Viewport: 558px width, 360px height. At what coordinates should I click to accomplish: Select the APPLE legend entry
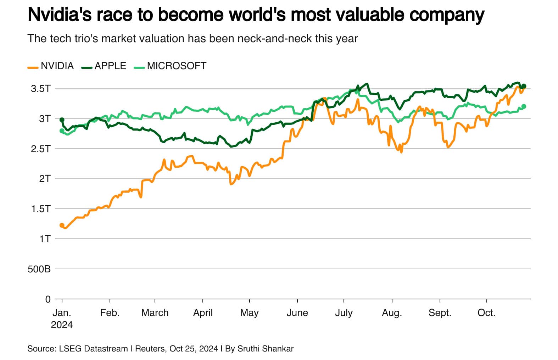tap(104, 66)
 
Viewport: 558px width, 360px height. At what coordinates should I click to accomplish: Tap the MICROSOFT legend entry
tap(170, 66)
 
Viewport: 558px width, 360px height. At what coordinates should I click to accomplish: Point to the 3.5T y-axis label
tap(41, 89)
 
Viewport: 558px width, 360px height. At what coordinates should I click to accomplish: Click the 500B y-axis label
tap(39, 269)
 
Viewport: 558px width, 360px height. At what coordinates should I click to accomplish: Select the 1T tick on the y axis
tap(45, 239)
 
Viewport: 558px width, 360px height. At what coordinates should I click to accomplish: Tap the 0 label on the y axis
tap(48, 299)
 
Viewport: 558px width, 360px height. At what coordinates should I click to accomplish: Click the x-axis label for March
tap(155, 313)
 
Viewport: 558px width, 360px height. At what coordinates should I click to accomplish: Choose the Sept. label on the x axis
tap(440, 313)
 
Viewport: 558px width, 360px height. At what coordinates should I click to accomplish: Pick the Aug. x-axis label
tap(392, 313)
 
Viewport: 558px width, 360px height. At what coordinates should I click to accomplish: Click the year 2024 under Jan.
tap(62, 325)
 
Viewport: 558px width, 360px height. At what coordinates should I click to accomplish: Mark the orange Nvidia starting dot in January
tap(62, 225)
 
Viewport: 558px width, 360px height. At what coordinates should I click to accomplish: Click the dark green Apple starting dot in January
tap(62, 120)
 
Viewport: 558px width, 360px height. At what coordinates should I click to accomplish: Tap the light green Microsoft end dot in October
tap(524, 106)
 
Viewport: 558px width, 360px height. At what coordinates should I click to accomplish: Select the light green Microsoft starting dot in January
tap(62, 131)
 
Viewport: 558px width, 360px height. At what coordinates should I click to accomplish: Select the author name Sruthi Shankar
tap(266, 349)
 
